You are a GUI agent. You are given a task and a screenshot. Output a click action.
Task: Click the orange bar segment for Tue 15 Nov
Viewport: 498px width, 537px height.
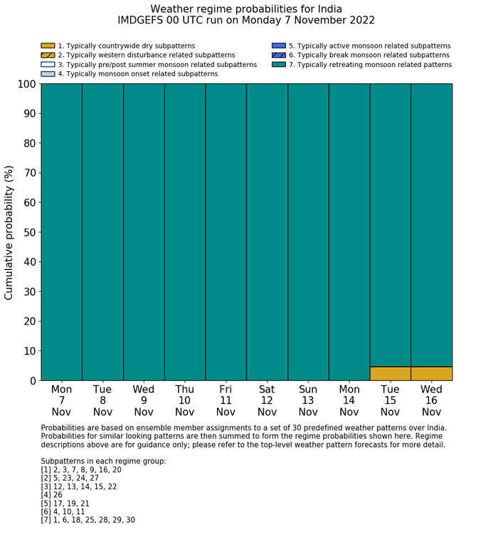pos(390,373)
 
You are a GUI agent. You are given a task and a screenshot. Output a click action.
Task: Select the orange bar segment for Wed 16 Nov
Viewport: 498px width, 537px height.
pos(431,373)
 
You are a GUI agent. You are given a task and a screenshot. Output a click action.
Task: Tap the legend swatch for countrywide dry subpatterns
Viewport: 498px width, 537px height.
pos(48,46)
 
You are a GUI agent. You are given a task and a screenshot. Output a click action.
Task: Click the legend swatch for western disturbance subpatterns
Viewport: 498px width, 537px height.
pos(48,55)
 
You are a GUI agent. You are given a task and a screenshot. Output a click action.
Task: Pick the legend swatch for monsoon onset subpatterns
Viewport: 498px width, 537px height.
pos(48,73)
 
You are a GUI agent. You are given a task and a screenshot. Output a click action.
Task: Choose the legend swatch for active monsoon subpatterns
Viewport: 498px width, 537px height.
pos(279,46)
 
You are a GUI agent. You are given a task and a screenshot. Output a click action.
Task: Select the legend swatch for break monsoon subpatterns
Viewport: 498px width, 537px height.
pos(279,55)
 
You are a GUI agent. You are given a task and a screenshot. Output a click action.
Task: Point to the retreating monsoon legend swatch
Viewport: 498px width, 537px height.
pos(279,64)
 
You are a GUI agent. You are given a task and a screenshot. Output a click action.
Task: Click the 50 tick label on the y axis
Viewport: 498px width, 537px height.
pos(28,232)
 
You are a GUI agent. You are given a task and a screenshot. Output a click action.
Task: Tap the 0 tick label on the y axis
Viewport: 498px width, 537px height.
pos(31,381)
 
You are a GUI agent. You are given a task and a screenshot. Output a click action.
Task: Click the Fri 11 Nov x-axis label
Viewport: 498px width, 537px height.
pos(226,400)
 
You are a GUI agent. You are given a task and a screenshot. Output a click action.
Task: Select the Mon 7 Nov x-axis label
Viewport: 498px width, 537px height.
pos(61,400)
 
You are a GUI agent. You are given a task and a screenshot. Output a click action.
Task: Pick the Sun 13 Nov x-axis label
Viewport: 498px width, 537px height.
pos(308,400)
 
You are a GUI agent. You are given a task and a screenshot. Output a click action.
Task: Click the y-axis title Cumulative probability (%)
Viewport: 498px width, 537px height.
pos(9,232)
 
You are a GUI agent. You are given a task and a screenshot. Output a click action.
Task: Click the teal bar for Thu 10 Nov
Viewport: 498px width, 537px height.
pos(184,232)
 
